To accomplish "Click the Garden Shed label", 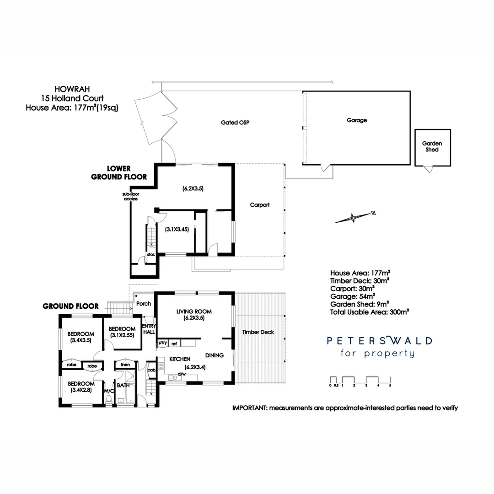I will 432,146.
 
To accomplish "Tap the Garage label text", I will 356,120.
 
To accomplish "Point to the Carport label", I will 259,205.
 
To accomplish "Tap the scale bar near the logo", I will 360,381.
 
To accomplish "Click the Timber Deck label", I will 258,332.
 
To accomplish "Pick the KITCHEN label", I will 180,359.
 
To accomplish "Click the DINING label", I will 214,355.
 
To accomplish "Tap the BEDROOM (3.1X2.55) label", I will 122,332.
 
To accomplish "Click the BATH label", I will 123,385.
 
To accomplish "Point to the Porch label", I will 144,303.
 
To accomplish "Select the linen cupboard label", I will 125,365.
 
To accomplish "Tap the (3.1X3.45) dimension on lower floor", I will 177,230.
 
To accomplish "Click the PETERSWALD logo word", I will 379,341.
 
